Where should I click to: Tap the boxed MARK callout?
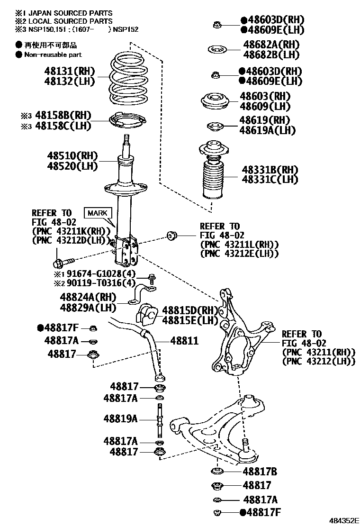(x=97, y=213)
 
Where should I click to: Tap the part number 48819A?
(x=121, y=418)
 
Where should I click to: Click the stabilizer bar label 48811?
(x=184, y=341)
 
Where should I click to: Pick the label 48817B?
(x=260, y=472)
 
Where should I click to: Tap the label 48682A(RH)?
(x=271, y=45)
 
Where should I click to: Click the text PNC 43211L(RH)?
(x=239, y=244)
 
